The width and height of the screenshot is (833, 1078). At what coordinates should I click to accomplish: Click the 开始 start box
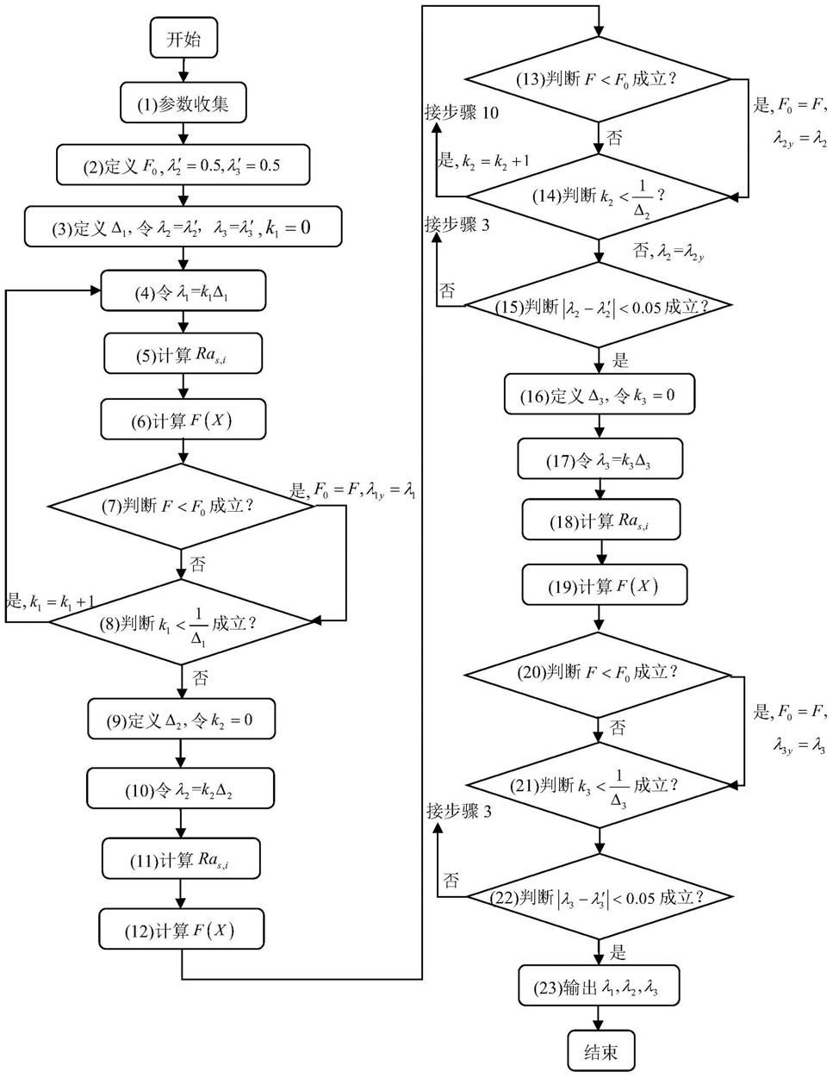(x=183, y=39)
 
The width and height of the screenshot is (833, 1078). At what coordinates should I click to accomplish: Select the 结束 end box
(x=600, y=1051)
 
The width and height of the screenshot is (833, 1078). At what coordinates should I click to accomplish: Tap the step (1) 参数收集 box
(x=183, y=104)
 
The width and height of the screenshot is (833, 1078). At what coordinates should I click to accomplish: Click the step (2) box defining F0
(x=183, y=165)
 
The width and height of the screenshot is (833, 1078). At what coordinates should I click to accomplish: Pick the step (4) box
(x=183, y=292)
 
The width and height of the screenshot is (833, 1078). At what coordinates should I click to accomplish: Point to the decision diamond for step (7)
(x=182, y=506)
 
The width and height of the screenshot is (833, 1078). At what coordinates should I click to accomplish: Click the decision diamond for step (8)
(x=182, y=622)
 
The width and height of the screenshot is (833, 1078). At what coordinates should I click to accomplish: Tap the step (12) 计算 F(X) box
(x=181, y=930)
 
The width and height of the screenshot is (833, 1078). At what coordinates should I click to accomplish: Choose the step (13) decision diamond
(x=599, y=79)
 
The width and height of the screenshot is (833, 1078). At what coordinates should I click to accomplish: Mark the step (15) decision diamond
(x=599, y=306)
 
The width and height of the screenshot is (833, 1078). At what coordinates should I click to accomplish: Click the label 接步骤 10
(x=462, y=113)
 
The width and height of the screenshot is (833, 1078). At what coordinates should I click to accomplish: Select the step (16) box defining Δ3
(x=598, y=396)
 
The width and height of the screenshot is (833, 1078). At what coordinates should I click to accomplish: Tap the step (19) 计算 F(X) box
(x=604, y=586)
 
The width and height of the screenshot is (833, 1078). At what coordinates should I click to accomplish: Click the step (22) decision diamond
(x=599, y=897)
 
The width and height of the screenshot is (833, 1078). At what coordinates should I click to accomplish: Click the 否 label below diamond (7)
(x=198, y=564)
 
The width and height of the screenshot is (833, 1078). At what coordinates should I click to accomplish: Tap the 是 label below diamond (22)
(x=619, y=953)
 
